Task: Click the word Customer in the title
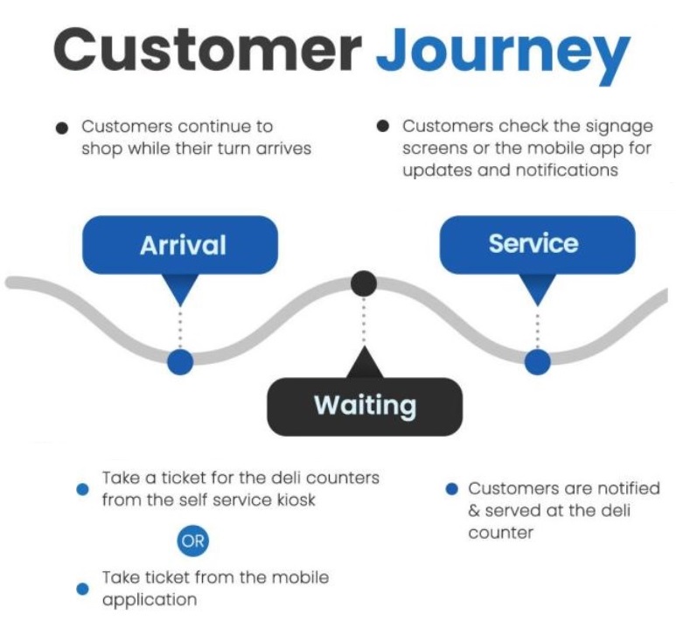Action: [x=207, y=50]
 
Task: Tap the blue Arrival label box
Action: [x=180, y=245]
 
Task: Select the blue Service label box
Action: [x=537, y=244]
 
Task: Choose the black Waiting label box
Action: [x=365, y=407]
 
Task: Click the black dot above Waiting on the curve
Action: [x=364, y=283]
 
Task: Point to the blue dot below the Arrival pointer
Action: [x=180, y=362]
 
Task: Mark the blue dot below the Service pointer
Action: [x=538, y=362]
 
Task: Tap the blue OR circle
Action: [x=192, y=541]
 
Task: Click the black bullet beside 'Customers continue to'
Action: [x=62, y=128]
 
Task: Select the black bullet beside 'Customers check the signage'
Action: [x=383, y=126]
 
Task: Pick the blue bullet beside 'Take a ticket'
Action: [x=82, y=489]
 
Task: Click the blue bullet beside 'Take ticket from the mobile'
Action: [x=82, y=589]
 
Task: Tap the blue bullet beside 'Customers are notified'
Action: [x=451, y=489]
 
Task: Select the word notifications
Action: [x=567, y=170]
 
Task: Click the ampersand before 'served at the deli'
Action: [x=474, y=511]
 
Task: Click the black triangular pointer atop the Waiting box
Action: [x=365, y=362]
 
